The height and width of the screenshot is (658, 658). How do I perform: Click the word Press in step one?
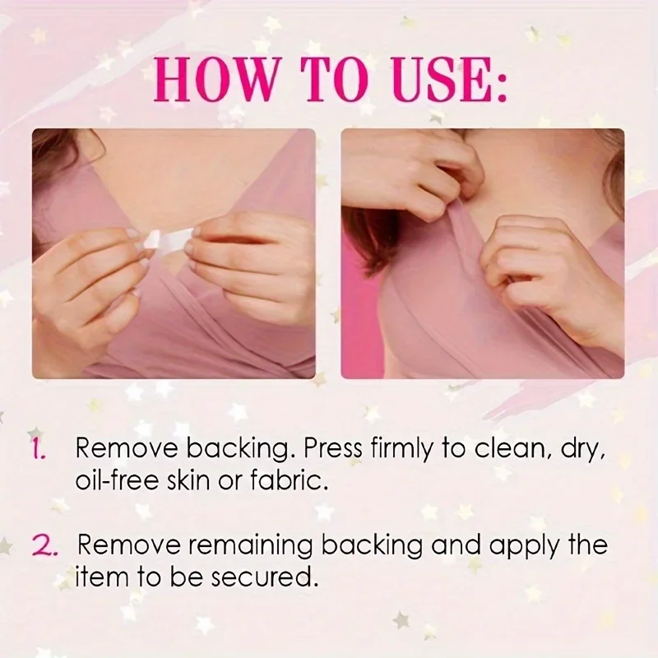332,449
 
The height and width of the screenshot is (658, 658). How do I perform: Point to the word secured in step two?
263,577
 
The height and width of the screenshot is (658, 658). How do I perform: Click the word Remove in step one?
127,449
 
